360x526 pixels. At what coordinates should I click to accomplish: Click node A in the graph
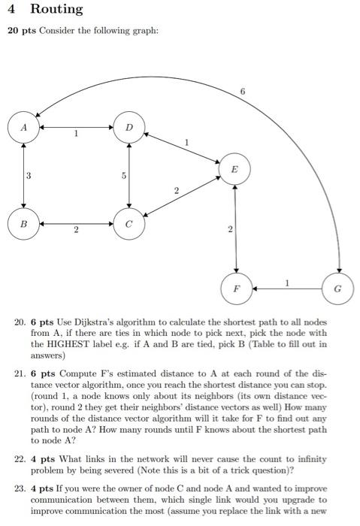pyautogui.click(x=26, y=128)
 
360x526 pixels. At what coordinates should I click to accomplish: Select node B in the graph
pyautogui.click(x=26, y=223)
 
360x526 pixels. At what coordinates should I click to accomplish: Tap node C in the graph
pyautogui.click(x=130, y=223)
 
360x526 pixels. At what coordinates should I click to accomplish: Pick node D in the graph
pyautogui.click(x=130, y=128)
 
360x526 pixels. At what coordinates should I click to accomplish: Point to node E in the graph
pyautogui.click(x=236, y=169)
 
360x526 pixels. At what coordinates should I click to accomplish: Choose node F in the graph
pyautogui.click(x=236, y=287)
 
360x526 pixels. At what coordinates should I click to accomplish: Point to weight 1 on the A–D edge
pyautogui.click(x=76, y=133)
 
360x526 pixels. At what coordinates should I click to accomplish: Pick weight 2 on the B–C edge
pyautogui.click(x=76, y=229)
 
